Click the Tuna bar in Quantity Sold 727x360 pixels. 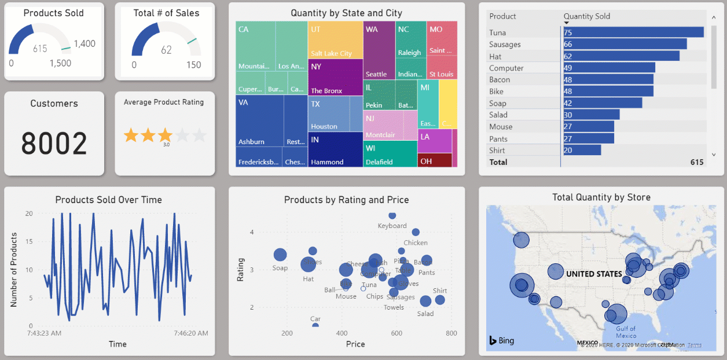(633, 32)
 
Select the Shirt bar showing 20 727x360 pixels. (582, 150)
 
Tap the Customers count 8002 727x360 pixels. (54, 143)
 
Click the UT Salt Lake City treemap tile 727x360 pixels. (335, 40)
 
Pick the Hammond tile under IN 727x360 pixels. (335, 149)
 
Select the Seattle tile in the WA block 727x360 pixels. (379, 51)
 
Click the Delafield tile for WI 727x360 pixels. (391, 153)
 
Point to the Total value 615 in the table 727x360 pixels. (697, 162)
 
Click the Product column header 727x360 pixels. (502, 16)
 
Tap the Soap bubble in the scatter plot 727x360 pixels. (280, 255)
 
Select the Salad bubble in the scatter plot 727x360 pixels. (425, 301)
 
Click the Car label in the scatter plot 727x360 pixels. (315, 319)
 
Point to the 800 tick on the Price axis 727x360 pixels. (451, 333)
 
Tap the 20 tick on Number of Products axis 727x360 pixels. (29, 214)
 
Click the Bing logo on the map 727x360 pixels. (502, 340)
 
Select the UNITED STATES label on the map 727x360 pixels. (594, 274)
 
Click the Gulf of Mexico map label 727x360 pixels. (626, 332)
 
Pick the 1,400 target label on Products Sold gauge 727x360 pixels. (85, 43)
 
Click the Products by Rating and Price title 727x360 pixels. (346, 200)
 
